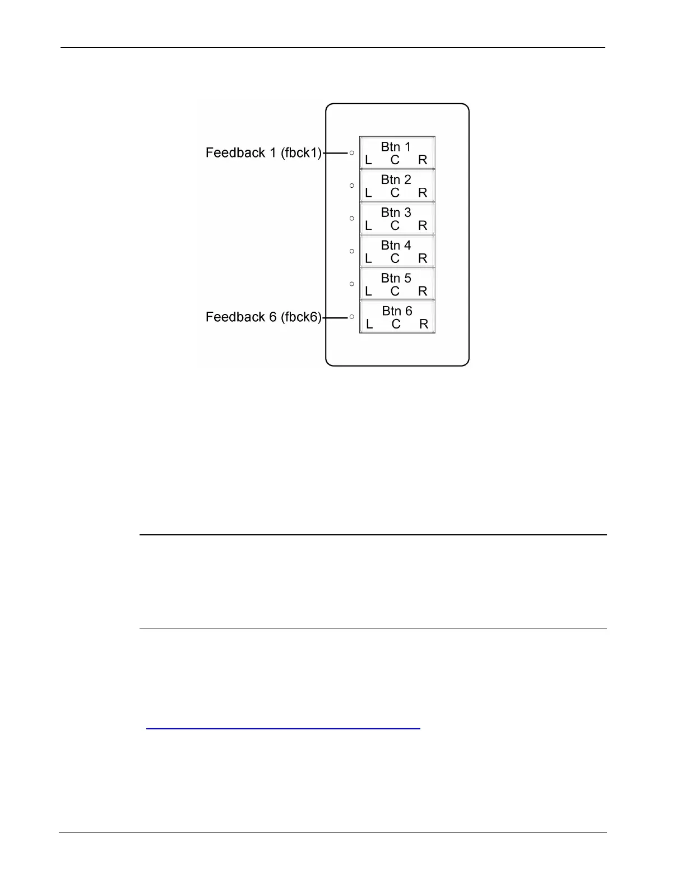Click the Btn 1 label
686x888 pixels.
click(396, 147)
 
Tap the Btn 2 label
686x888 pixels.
click(396, 179)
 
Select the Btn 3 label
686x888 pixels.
click(396, 212)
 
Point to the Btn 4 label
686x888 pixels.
click(396, 245)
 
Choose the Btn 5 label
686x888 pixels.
click(396, 278)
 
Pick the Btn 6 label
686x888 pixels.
click(397, 311)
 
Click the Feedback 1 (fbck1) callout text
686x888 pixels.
click(263, 152)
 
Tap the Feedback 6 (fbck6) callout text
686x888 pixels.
click(263, 317)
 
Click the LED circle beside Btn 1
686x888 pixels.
click(352, 152)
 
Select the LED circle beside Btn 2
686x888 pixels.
click(352, 185)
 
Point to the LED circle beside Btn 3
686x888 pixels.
click(352, 218)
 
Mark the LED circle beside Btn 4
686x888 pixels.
click(352, 251)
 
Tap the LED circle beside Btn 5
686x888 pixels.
click(352, 284)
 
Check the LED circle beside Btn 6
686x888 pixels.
click(352, 317)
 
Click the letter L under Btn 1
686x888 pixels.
click(368, 160)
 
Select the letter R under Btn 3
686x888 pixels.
click(423, 226)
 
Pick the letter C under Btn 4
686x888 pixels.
click(395, 258)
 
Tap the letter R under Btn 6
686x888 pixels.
click(424, 324)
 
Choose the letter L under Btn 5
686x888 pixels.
click(368, 292)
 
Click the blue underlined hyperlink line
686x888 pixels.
click(283, 728)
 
